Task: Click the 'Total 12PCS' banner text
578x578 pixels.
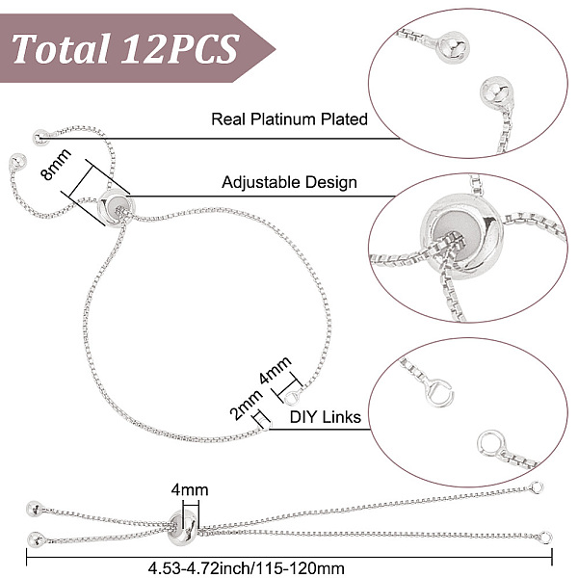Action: tap(125, 48)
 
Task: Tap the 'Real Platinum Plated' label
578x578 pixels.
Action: tap(289, 119)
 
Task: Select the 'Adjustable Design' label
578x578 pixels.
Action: tap(289, 182)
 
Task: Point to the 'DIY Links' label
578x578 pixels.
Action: tap(326, 417)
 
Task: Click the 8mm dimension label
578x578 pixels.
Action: tap(56, 165)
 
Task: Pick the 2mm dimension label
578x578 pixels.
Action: tap(246, 405)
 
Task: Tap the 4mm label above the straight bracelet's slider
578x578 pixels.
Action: tap(190, 490)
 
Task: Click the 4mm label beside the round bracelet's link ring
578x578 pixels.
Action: tap(275, 371)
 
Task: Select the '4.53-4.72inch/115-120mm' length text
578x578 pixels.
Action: tap(247, 567)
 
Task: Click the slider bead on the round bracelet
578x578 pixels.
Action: tap(117, 207)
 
